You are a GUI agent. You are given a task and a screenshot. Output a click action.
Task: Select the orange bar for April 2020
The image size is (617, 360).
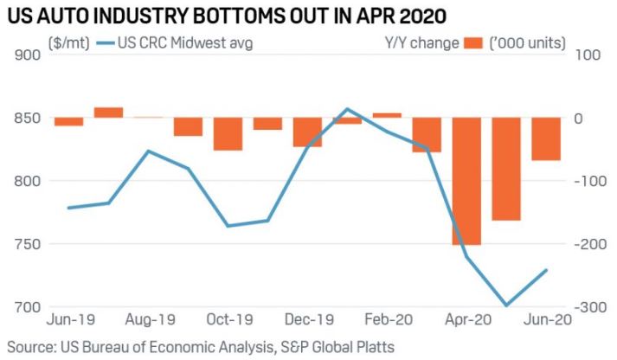tap(466, 182)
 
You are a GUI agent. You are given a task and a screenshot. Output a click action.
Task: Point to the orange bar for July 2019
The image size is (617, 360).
tap(108, 112)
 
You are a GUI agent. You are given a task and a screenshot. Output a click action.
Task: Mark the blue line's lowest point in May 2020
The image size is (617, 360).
tap(506, 305)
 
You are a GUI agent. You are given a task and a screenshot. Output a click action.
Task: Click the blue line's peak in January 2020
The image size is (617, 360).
tap(347, 109)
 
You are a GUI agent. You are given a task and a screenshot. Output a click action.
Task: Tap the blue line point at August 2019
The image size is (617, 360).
tap(148, 151)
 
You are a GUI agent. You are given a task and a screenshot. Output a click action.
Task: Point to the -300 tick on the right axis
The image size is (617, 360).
tap(587, 307)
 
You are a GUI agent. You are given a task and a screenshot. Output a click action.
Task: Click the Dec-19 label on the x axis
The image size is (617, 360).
tap(307, 319)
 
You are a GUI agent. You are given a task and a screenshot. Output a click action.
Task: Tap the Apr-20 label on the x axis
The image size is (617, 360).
tap(466, 319)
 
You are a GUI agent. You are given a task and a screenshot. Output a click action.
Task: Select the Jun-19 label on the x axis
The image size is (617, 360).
tap(68, 319)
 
